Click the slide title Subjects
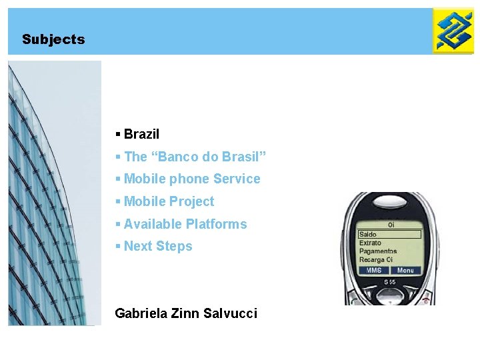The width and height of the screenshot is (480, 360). pos(53,39)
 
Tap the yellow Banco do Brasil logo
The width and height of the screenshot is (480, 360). pos(453,31)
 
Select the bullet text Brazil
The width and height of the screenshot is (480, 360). pos(141,134)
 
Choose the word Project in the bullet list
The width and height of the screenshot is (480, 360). pos(191,201)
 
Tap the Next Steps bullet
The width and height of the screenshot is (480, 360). pos(157,246)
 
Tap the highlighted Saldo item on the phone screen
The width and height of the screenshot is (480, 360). pos(369,235)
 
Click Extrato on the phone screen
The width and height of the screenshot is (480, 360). pos(371,243)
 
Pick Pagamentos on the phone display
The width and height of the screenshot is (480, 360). pos(378,251)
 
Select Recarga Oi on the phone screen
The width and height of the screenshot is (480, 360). pos(376,260)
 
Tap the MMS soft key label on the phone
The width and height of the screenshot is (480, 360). pos(373,270)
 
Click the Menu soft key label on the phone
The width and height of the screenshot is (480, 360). pos(405,270)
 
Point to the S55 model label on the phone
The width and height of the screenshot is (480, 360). pos(390,283)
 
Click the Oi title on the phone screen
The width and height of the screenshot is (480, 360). pos(391,225)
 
